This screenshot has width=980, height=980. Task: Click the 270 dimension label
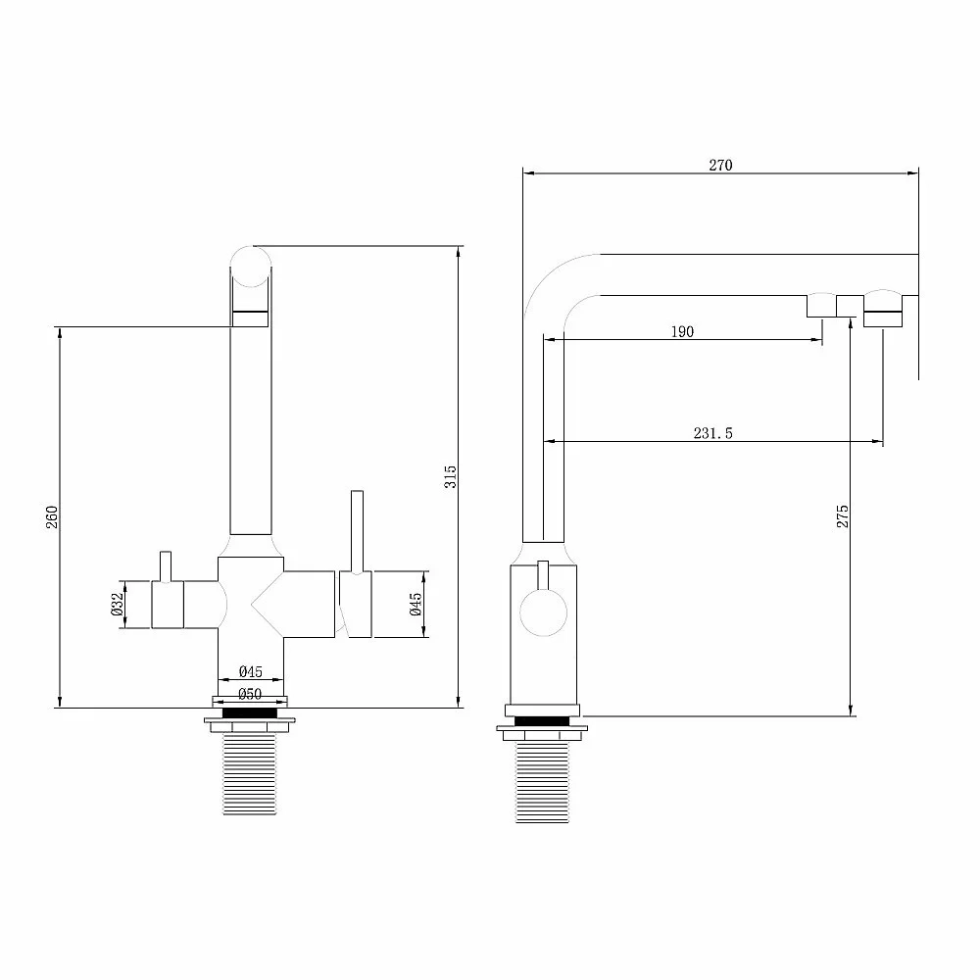[x=720, y=165]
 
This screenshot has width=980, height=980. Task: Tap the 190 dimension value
[x=682, y=332]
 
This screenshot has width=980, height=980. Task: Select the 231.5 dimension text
[x=712, y=433]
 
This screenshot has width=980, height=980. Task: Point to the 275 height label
[x=843, y=516]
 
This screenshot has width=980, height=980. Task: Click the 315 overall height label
[x=450, y=477]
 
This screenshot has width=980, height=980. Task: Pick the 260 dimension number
[x=51, y=516]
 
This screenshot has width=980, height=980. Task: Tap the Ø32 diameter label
[x=117, y=605]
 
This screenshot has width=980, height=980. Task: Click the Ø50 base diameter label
[x=250, y=694]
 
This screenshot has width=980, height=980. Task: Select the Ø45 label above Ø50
[x=251, y=672]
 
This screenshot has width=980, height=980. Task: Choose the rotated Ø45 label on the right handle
[x=416, y=605]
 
